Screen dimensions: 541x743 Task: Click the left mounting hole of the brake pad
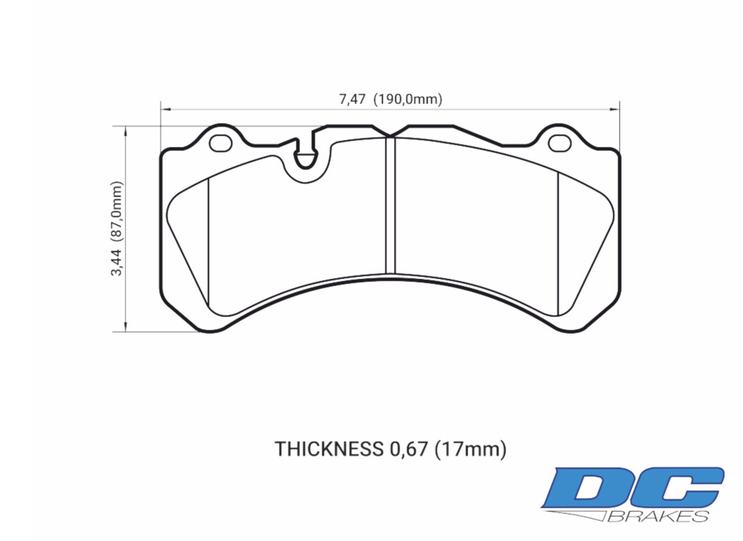click(x=221, y=143)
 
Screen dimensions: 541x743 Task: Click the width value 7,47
click(x=352, y=99)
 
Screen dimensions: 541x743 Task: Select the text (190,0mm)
click(x=407, y=99)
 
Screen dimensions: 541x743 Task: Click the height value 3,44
click(x=118, y=262)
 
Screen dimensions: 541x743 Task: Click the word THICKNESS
click(x=327, y=449)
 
